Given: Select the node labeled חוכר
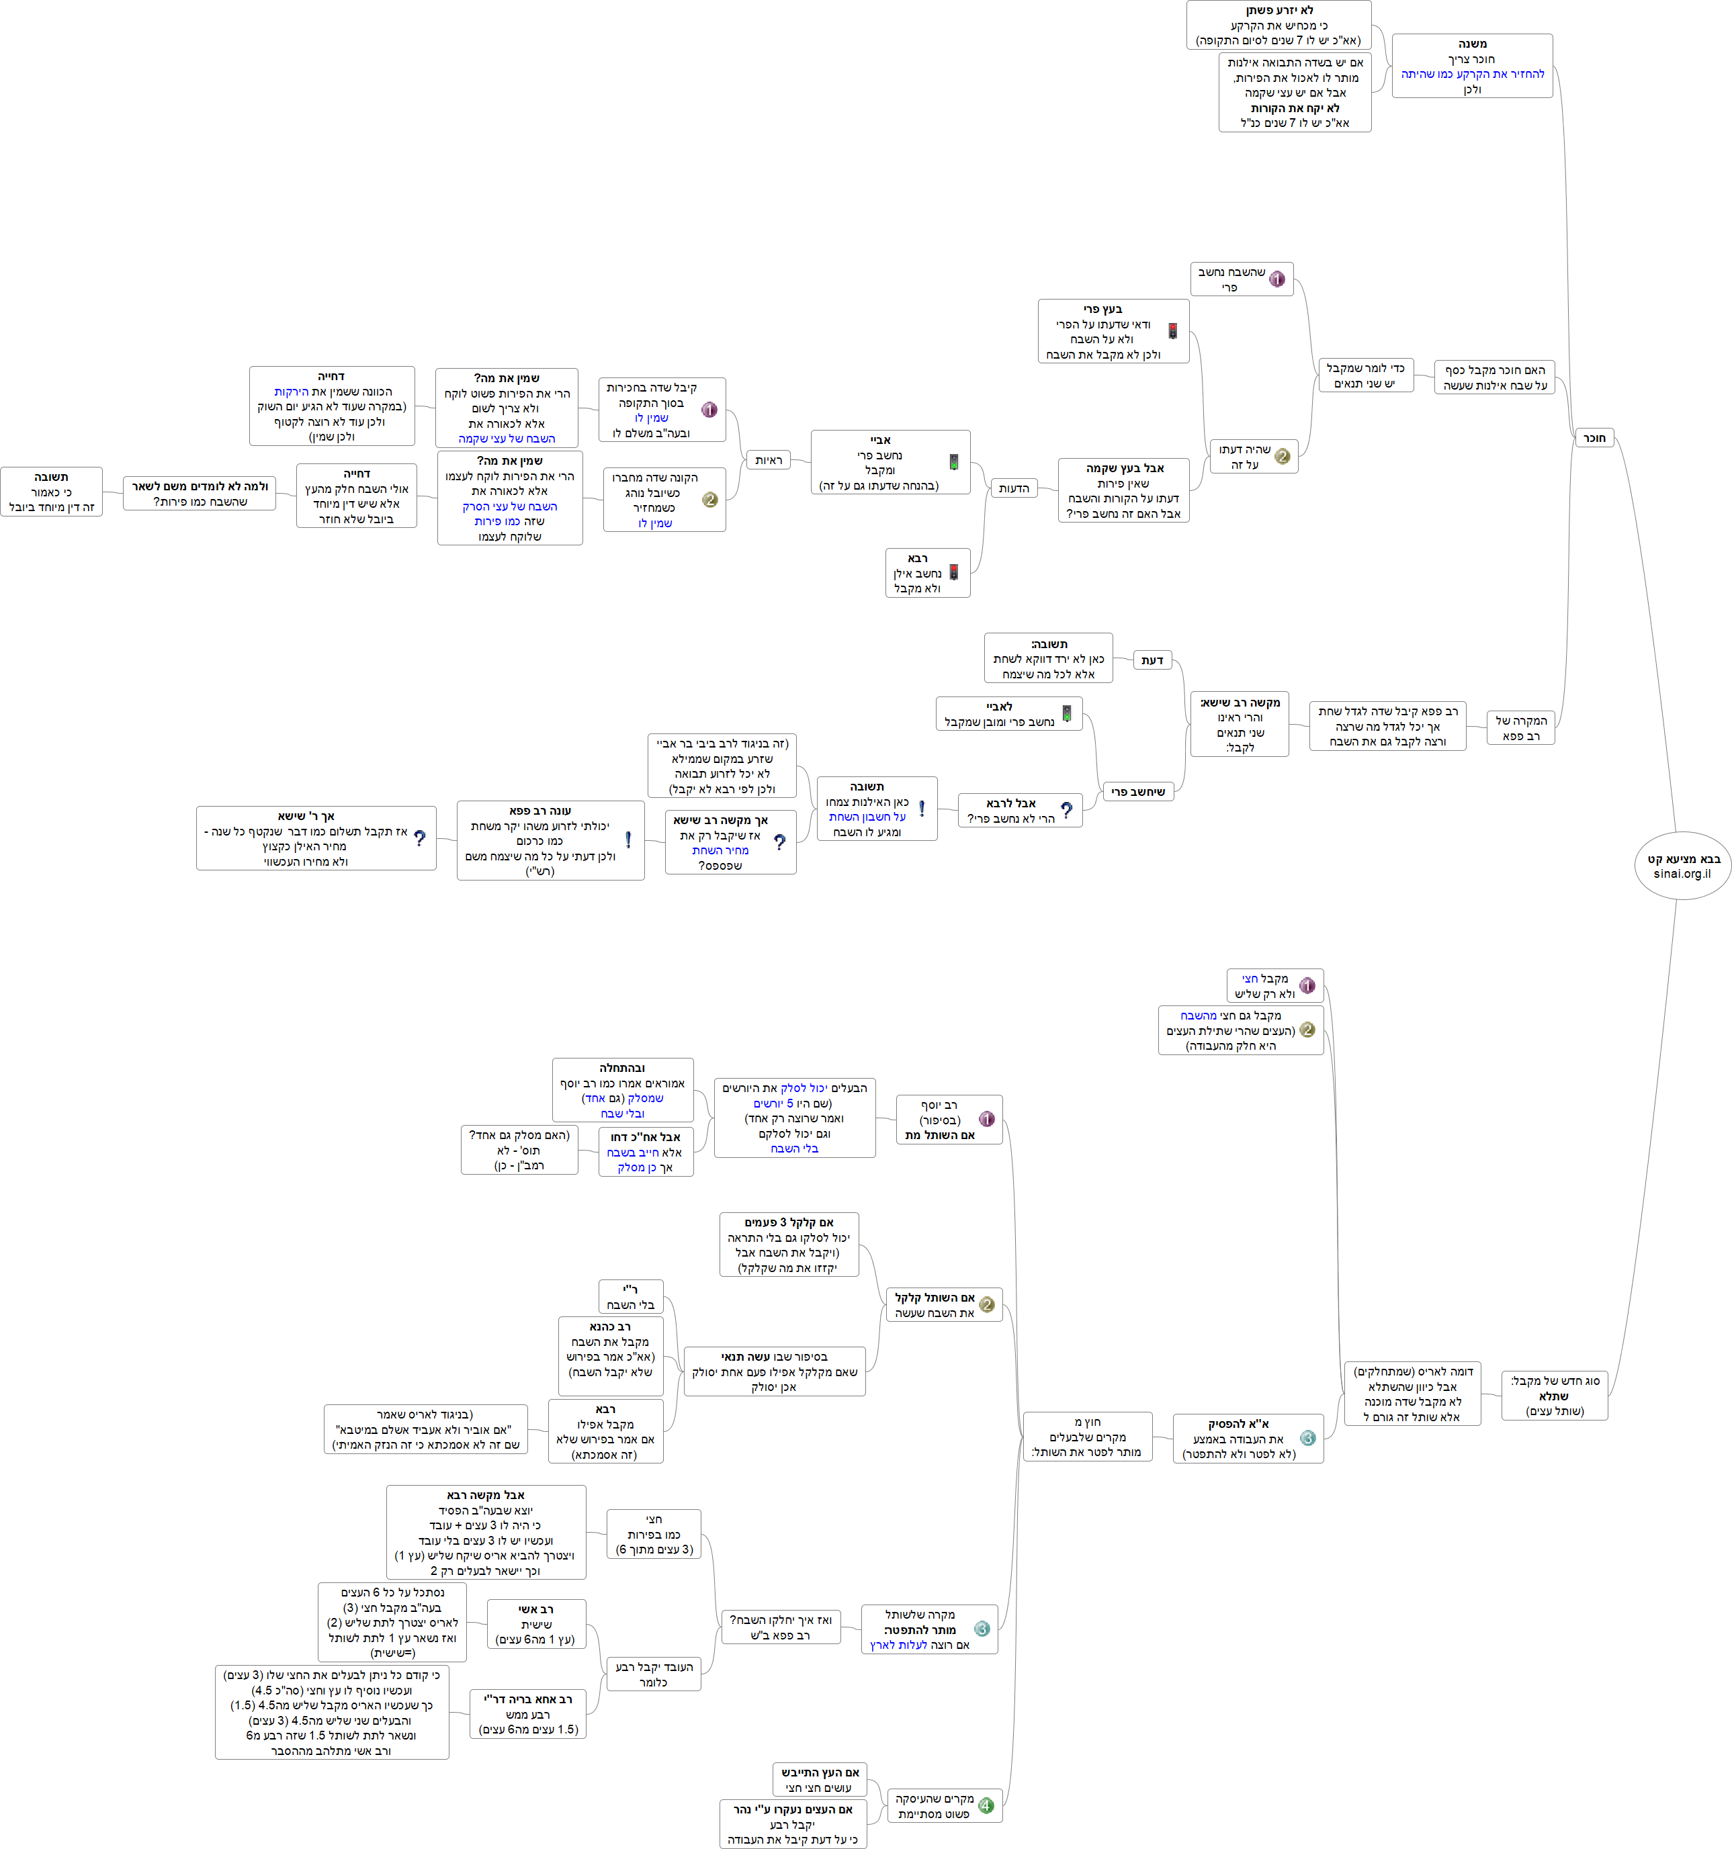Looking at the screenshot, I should coord(1594,438).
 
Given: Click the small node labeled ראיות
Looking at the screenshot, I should coord(769,459).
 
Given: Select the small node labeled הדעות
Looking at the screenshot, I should coord(1013,488).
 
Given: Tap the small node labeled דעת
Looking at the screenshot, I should coord(1152,660).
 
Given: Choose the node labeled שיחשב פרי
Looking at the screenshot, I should coord(1137,791).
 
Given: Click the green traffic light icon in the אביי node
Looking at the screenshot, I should coord(953,461).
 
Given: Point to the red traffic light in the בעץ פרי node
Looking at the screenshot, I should coord(1173,331).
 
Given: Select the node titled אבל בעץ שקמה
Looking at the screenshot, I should coord(1124,490).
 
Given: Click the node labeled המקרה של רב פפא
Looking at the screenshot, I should coord(1521,727).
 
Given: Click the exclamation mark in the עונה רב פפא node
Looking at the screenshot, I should coord(628,840).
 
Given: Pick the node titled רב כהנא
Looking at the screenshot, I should coord(610,1349).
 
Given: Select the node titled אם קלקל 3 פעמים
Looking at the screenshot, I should coord(788,1245).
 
